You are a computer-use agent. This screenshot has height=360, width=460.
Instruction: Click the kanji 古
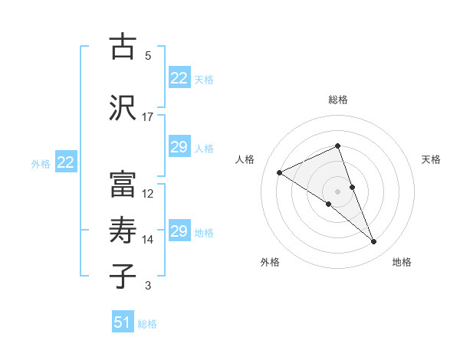(123, 47)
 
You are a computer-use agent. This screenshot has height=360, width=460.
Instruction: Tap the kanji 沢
(123, 106)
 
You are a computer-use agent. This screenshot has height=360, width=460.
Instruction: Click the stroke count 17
(148, 117)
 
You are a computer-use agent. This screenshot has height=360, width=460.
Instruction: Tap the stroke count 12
(148, 194)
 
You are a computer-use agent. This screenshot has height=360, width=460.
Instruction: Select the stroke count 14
(148, 240)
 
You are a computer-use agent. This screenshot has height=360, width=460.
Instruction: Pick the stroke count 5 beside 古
(148, 56)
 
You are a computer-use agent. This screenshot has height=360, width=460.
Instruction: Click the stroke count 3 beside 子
(148, 286)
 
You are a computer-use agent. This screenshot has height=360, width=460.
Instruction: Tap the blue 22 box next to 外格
(65, 162)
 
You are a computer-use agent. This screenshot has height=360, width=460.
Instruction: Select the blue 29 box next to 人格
(179, 147)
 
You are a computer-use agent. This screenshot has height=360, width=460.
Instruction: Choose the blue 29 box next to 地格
(179, 231)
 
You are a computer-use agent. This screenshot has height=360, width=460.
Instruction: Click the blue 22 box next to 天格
(179, 78)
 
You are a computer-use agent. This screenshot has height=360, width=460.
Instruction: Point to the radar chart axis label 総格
(338, 100)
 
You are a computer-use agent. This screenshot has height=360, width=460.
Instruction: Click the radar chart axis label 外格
(270, 262)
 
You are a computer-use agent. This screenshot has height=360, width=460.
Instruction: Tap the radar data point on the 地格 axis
(374, 242)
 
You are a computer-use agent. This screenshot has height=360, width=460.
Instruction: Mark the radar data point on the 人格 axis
(280, 172)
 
